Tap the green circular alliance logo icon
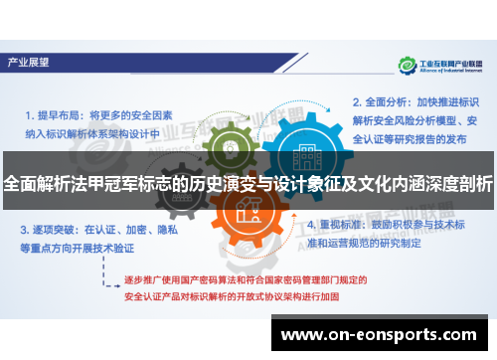click(x=406, y=66)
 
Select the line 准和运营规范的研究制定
click(x=377, y=242)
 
